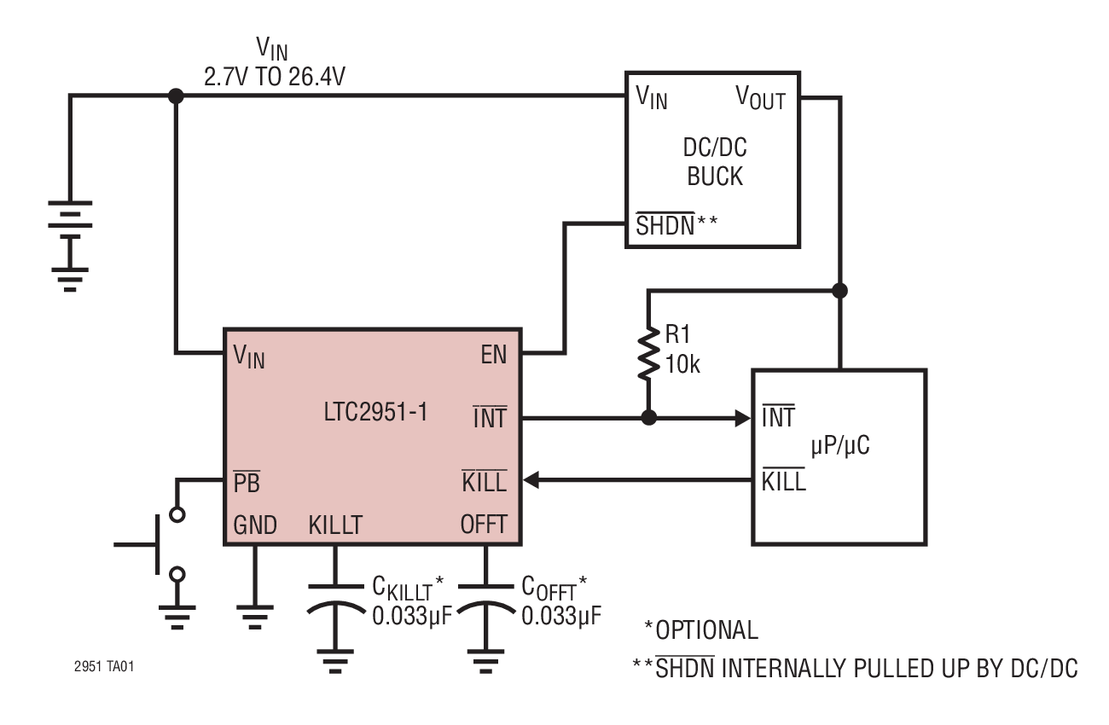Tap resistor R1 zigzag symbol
point(648,351)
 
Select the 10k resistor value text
point(682,366)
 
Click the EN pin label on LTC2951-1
point(493,355)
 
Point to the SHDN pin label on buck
point(665,226)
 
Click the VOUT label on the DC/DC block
point(760,99)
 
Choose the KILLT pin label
point(335,525)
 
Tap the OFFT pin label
point(484,525)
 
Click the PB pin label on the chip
point(246,483)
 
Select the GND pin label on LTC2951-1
point(255,525)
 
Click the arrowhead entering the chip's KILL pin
point(531,481)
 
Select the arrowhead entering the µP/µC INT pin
point(740,419)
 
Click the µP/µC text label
point(839,445)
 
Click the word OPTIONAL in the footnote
point(706,631)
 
